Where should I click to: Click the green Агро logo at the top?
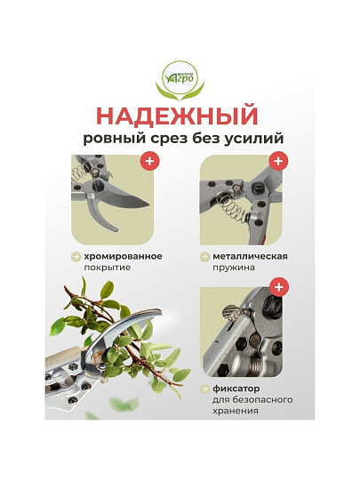(180, 81)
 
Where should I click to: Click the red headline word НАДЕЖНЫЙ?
(179, 116)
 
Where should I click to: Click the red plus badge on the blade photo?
(149, 160)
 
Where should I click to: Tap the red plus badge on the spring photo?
(278, 160)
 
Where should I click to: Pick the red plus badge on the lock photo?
(278, 287)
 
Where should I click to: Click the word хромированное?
(123, 256)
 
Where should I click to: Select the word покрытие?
(108, 268)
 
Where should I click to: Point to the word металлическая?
(250, 256)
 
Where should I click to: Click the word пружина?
(234, 268)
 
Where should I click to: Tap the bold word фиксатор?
(236, 388)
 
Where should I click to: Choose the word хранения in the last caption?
(236, 411)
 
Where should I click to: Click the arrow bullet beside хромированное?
(76, 257)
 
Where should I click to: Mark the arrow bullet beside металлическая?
(204, 257)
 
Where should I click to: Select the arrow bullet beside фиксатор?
(204, 389)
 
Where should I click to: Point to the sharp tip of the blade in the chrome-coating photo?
(149, 204)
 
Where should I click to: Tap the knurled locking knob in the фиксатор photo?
(233, 314)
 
